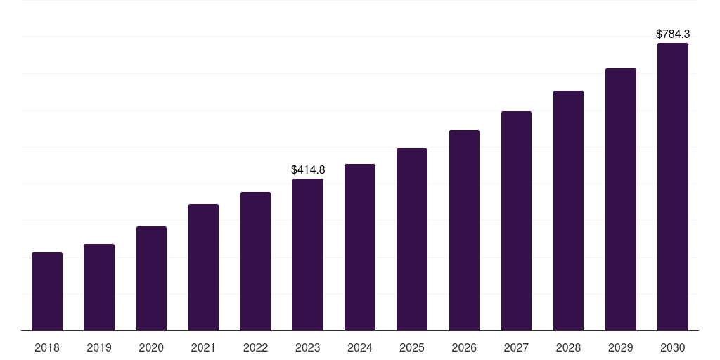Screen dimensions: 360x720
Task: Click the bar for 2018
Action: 47,291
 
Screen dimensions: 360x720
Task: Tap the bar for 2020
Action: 151,278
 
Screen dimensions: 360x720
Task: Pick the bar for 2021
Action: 203,267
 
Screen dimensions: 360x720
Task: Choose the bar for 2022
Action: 255,261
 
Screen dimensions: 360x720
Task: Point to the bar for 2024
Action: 360,247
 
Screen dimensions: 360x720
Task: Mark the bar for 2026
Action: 464,230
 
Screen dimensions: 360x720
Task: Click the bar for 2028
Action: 568,210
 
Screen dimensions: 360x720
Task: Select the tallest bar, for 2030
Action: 673,186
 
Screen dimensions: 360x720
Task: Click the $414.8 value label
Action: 308,169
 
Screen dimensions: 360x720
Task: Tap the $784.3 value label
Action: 673,34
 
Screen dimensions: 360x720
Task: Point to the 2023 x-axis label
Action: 308,347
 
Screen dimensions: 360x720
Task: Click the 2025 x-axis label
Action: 412,347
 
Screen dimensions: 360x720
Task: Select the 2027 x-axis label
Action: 516,347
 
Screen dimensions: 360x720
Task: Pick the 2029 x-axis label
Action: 620,347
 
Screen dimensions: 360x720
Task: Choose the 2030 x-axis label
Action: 673,347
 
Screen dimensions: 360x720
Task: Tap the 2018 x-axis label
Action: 47,347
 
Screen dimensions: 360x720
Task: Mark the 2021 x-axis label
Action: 203,347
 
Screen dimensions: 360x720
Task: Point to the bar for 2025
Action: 412,239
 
